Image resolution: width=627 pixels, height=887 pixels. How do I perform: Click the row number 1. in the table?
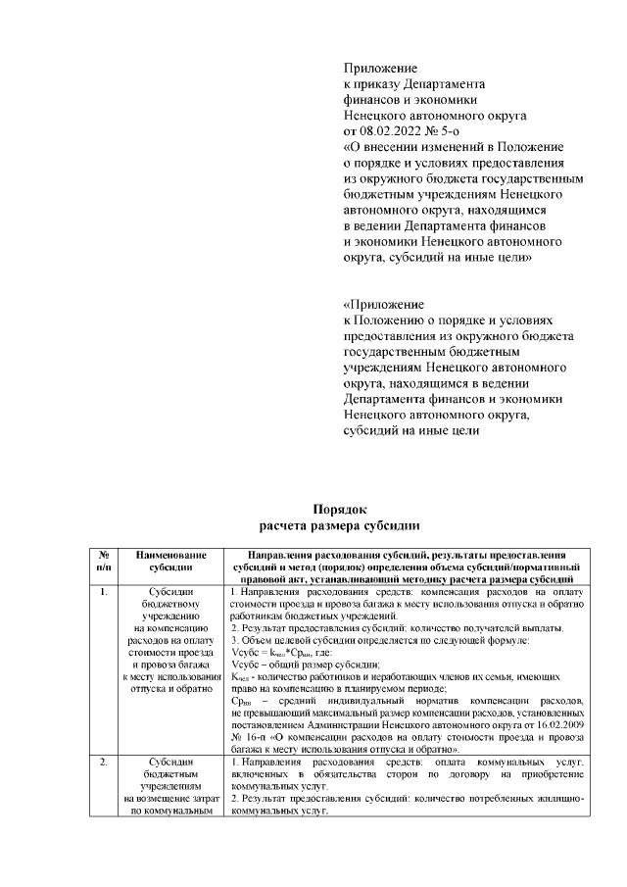[x=104, y=592]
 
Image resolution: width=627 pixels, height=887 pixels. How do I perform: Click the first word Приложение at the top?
[x=380, y=69]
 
